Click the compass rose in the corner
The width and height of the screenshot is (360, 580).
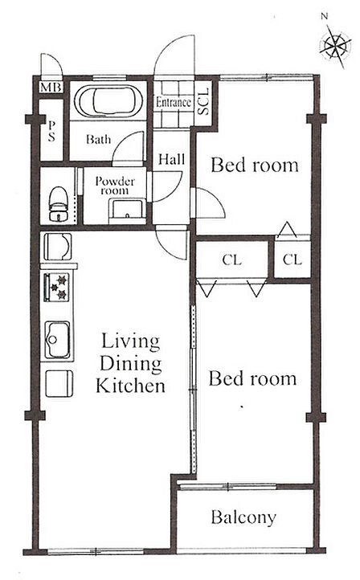pos(336,46)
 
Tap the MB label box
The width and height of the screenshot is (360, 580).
pos(51,88)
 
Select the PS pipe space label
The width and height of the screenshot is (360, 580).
pos(51,131)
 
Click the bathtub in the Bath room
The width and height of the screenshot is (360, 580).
pos(108,101)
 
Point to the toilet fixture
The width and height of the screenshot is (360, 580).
pos(59,204)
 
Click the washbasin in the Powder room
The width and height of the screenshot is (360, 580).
pos(128,211)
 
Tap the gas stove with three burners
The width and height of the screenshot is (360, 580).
pos(57,287)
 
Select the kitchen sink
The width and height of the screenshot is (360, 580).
pos(58,340)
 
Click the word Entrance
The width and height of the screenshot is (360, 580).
pos(173,102)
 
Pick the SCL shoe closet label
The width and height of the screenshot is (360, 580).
pos(203,100)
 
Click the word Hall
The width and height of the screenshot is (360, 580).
pos(171,159)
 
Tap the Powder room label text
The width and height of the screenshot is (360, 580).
pos(115,186)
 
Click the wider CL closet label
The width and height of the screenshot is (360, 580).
pos(232,260)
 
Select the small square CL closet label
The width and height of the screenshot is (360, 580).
pos(292,259)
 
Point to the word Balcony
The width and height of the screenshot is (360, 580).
pos(243,517)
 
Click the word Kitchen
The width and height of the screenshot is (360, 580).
pos(130,386)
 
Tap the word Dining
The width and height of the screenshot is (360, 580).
pos(131,364)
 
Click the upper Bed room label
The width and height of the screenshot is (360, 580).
pos(255,165)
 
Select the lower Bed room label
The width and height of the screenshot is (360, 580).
pos(252,379)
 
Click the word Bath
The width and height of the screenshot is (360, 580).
pos(98,139)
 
